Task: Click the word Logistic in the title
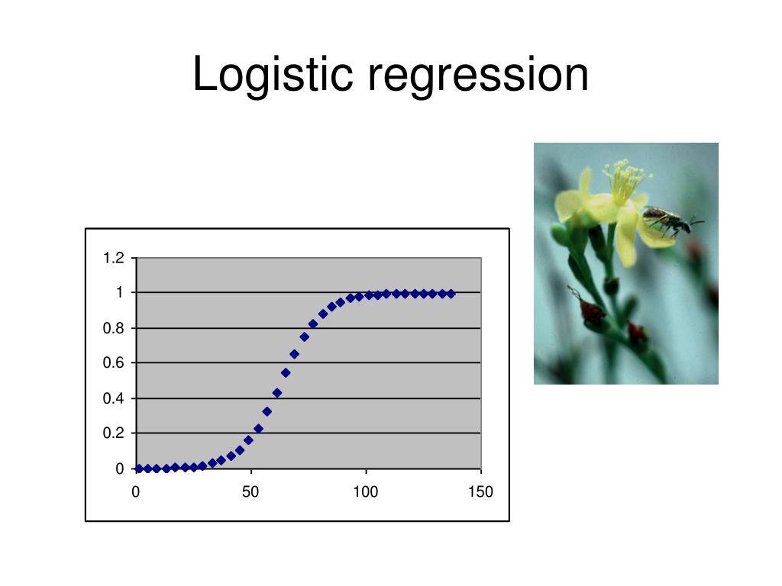[273, 75]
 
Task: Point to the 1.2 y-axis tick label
[113, 258]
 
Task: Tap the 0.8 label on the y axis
[113, 328]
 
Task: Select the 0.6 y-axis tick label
[113, 362]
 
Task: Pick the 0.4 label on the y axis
[113, 398]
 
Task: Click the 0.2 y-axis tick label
[113, 433]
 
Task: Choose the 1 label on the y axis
[120, 292]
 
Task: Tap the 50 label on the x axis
[250, 492]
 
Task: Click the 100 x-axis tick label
[366, 492]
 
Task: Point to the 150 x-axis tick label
[480, 492]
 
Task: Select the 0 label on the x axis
[136, 492]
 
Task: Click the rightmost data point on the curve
[451, 294]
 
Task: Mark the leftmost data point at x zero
[139, 469]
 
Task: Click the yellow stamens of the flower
[625, 179]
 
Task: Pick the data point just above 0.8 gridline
[313, 324]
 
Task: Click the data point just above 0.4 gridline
[277, 393]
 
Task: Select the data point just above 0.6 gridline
[294, 354]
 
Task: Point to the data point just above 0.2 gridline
[258, 429]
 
